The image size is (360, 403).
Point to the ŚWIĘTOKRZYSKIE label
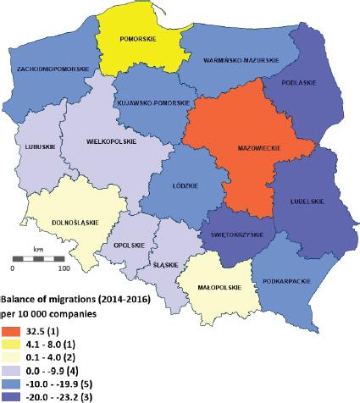tap(232, 235)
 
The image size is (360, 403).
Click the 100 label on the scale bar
tap(62, 268)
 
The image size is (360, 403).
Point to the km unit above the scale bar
tap(39, 249)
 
